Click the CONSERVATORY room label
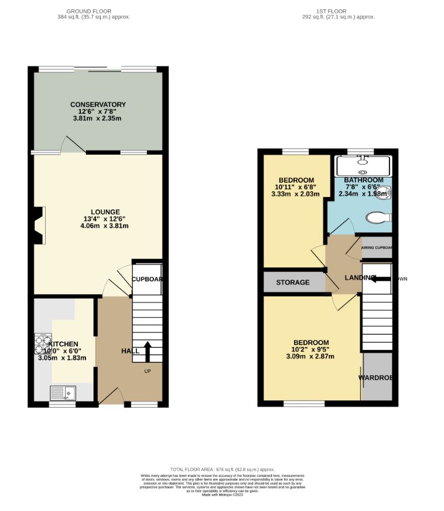98,104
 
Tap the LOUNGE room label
105,212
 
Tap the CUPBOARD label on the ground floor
146,279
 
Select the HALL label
130,350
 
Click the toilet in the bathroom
378,217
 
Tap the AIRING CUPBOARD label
376,248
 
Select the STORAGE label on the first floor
293,282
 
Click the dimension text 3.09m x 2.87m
311,356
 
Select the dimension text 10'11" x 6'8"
296,187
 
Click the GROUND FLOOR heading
90,11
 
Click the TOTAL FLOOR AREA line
222,469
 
